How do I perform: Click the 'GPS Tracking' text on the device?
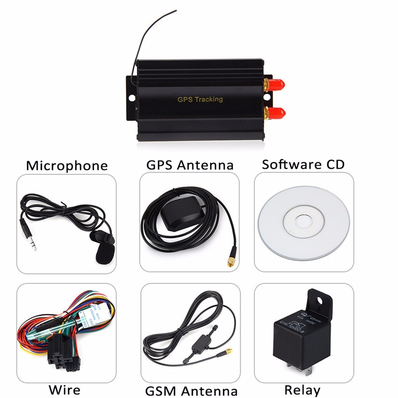200,99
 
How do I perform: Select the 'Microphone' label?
67,166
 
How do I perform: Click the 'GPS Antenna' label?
190,165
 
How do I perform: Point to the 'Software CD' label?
303,165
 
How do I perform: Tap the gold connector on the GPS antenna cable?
230,262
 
